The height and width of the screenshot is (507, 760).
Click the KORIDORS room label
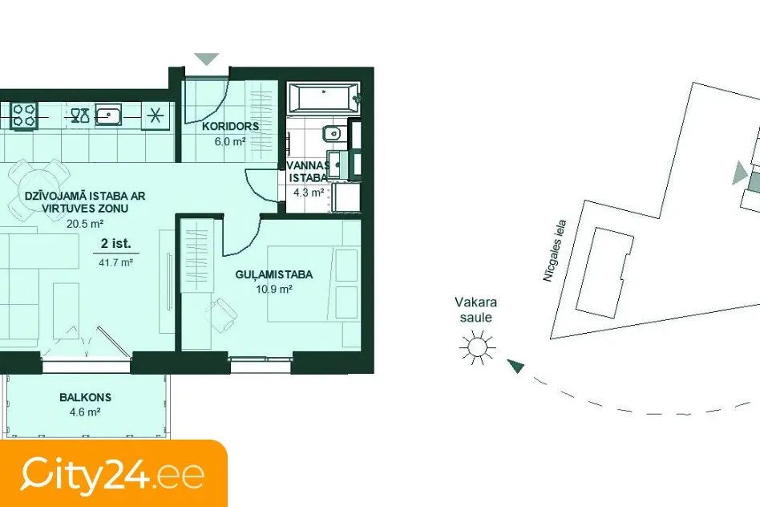point(230,126)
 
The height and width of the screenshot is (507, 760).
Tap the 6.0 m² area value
point(230,142)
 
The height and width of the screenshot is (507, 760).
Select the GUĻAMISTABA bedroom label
point(274,274)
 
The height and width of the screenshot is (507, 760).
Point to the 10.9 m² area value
point(274,290)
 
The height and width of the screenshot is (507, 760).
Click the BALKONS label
point(85,397)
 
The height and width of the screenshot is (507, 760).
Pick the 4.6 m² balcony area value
point(85,412)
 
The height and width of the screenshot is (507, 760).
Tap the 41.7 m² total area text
point(115,263)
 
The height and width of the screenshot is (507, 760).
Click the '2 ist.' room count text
point(115,244)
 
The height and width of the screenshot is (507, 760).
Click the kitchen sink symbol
point(108,116)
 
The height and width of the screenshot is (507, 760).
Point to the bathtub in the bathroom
point(323,98)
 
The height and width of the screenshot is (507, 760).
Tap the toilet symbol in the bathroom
point(334,133)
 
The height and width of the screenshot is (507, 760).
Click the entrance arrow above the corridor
point(207,59)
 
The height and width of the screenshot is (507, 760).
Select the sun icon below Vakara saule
point(478,347)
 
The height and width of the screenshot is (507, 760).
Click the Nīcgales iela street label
point(555,251)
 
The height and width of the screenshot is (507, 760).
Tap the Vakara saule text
point(476,310)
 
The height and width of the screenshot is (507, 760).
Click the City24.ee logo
point(112,474)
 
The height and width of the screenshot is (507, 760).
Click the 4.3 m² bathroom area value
point(309,192)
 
